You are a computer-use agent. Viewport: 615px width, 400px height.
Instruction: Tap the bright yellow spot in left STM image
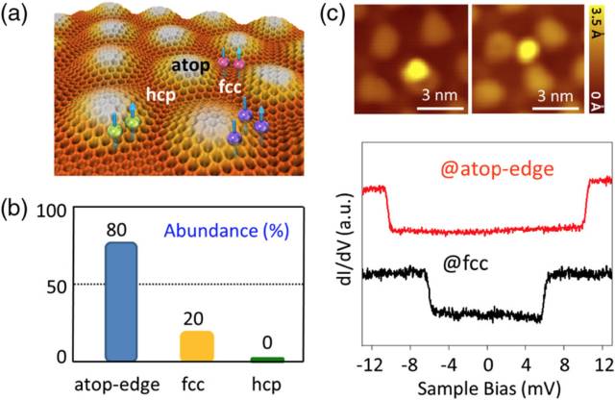[x=416, y=69]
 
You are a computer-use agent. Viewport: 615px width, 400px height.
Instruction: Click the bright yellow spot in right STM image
[x=525, y=48]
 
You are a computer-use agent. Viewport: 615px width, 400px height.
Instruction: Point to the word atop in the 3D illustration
[x=191, y=65]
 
